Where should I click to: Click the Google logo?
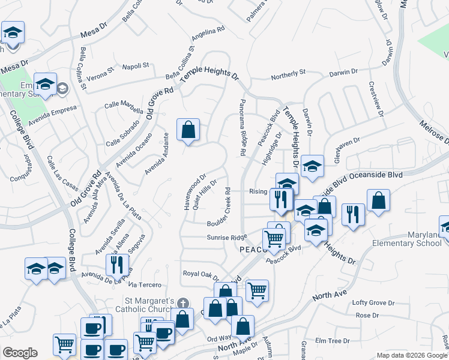[20, 353]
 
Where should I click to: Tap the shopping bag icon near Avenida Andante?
[188, 129]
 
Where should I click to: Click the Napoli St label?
[136, 65]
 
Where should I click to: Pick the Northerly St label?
[288, 73]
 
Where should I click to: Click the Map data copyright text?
[412, 355]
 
